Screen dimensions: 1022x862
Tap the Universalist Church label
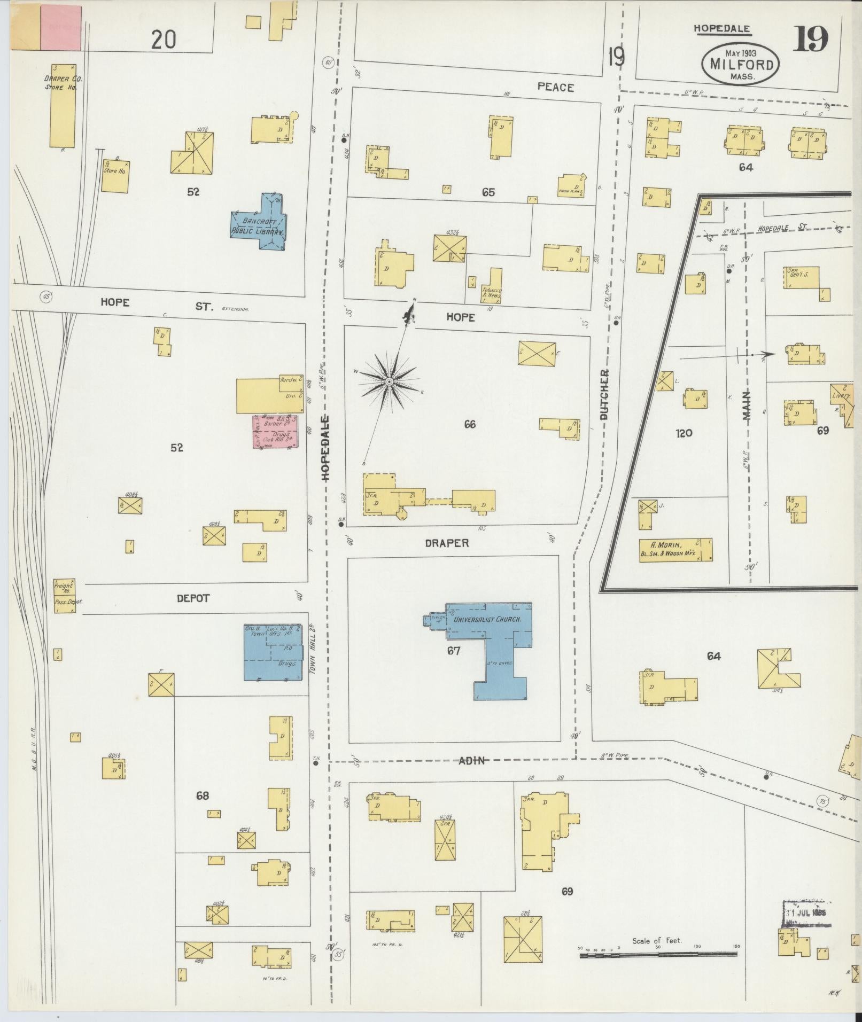pyautogui.click(x=486, y=621)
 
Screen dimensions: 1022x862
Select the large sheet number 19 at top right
pyautogui.click(x=810, y=40)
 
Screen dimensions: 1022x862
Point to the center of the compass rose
pyautogui.click(x=390, y=381)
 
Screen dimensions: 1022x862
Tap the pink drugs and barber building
pyautogui.click(x=275, y=432)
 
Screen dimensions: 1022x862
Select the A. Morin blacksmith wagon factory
pyautogui.click(x=676, y=549)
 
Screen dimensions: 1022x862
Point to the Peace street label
pyautogui.click(x=555, y=87)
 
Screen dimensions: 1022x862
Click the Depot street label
pyautogui.click(x=193, y=598)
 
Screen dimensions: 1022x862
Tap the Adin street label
pyautogui.click(x=472, y=760)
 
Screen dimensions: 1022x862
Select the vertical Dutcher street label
pyautogui.click(x=604, y=394)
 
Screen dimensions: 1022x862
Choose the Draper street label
pyautogui.click(x=447, y=543)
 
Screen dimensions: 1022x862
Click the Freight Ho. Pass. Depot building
pyautogui.click(x=64, y=595)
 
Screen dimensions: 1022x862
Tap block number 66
pyautogui.click(x=470, y=425)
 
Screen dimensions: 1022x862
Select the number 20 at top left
pyautogui.click(x=164, y=40)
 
